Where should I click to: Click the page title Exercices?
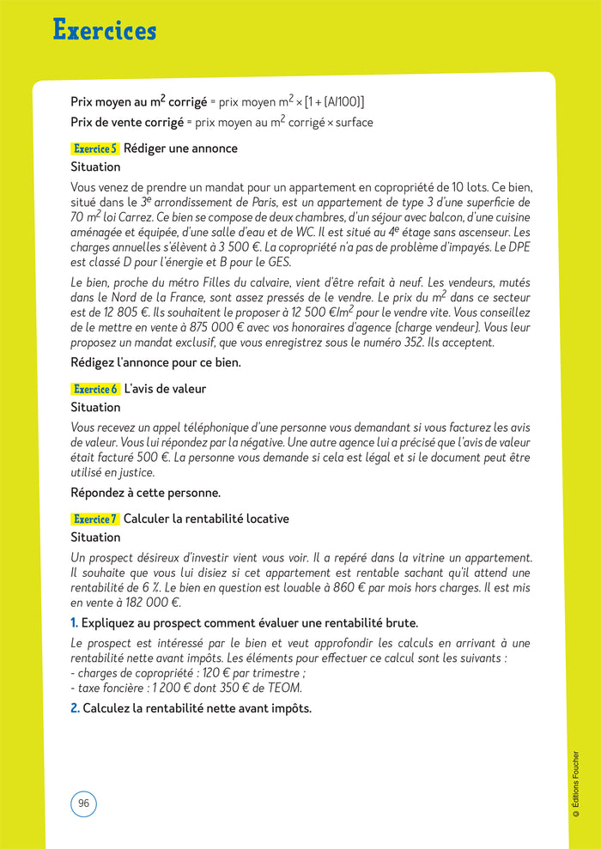point(105,31)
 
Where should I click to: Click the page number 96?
point(83,804)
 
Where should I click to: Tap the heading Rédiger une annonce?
point(181,149)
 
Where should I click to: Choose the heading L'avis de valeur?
point(166,389)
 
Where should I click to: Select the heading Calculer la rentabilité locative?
point(206,518)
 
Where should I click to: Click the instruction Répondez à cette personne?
point(146,493)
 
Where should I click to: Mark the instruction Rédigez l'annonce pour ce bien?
point(155,362)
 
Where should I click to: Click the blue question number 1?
point(75,622)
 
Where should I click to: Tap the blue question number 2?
point(75,708)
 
